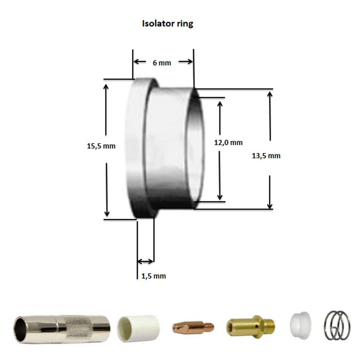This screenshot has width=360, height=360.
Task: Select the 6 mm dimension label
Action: (162, 63)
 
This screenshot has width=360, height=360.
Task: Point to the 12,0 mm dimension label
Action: (228, 143)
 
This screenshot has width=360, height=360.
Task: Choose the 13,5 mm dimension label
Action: (266, 156)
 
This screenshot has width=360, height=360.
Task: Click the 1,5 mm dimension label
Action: (153, 276)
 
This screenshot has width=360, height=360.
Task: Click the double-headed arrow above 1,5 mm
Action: (146, 261)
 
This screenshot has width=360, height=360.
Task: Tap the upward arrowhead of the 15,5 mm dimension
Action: (106, 87)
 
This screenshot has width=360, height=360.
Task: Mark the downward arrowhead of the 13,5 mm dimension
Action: (270, 205)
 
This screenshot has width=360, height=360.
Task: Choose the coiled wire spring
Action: (337, 323)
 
